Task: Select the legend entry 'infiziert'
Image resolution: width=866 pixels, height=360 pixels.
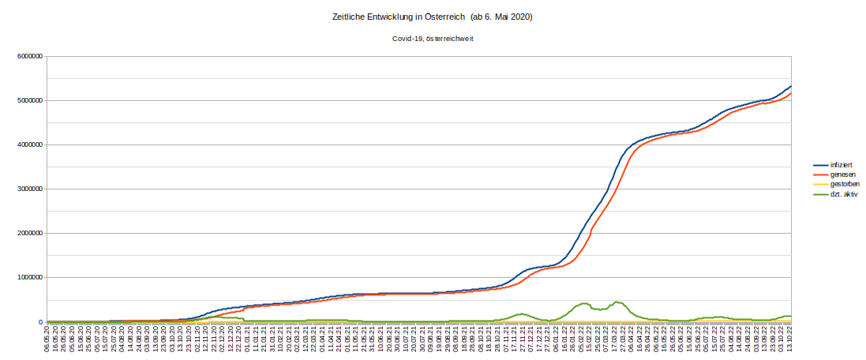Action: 841,163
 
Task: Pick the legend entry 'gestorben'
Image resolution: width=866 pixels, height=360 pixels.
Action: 844,183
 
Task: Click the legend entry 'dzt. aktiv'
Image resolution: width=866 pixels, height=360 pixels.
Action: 844,193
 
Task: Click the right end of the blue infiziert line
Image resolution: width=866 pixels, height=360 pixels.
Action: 790,86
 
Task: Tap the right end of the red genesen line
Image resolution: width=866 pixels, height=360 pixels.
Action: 790,93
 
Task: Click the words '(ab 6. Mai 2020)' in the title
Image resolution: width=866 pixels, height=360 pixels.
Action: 501,17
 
